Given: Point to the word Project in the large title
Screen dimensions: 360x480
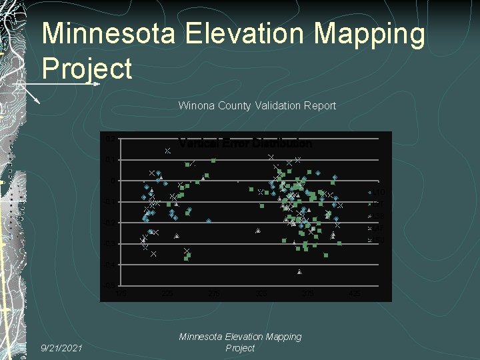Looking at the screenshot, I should pyautogui.click(x=87, y=68).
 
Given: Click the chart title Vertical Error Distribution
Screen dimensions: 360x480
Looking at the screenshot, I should pyautogui.click(x=245, y=143).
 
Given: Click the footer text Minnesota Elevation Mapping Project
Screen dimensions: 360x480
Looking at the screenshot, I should pyautogui.click(x=240, y=343).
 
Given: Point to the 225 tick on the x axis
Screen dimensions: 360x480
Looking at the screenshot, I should pyautogui.click(x=168, y=293).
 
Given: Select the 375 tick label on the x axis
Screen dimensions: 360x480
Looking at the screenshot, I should pyautogui.click(x=308, y=293).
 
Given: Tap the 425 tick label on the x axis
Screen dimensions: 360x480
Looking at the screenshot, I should pyautogui.click(x=355, y=293).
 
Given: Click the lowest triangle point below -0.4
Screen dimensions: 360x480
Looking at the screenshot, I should pyautogui.click(x=300, y=271).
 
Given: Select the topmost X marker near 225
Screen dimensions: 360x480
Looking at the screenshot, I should pyautogui.click(x=168, y=151).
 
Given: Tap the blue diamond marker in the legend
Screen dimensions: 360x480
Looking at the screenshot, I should pyautogui.click(x=370, y=193).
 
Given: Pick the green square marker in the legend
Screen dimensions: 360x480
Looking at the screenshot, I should pyautogui.click(x=370, y=204).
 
